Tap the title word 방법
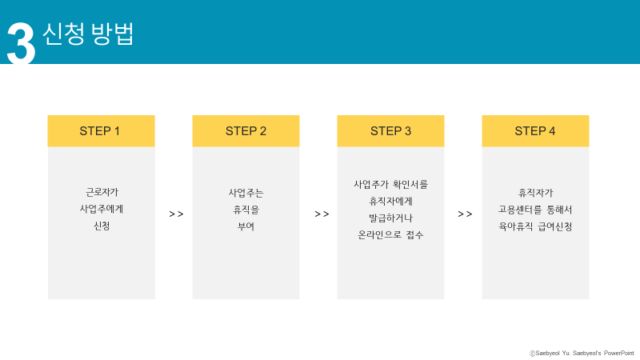pos(113,33)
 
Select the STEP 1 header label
pos(100,131)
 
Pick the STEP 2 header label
pos(246,131)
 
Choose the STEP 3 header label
pos(390,131)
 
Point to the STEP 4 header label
pos(535,131)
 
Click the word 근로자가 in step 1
pos(102,192)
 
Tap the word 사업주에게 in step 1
pos(102,209)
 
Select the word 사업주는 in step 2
pos(246,192)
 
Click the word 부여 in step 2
pos(246,226)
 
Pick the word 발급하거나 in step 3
pos(390,218)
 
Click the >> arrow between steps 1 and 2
pos(176,214)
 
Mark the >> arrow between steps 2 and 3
pos(322,214)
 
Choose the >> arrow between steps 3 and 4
pos(465,214)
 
